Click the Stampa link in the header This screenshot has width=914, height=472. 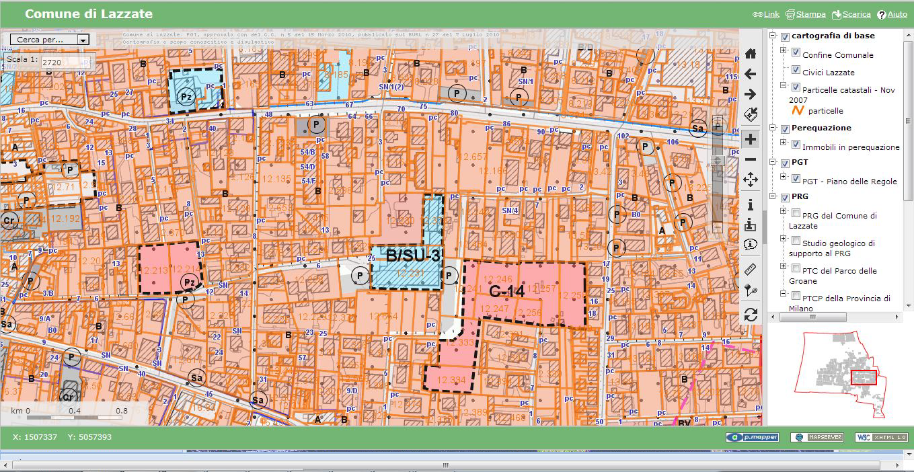(x=810, y=14)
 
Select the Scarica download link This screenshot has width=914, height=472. (x=856, y=14)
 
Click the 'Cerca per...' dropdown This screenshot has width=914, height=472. (x=50, y=40)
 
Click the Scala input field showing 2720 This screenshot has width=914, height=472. (x=66, y=62)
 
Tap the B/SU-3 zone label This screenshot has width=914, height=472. (x=413, y=256)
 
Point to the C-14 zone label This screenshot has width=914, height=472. (x=507, y=292)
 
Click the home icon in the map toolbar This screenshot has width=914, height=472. (x=751, y=54)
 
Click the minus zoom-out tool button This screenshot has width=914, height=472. (x=751, y=159)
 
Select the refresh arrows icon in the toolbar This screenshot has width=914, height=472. (x=751, y=315)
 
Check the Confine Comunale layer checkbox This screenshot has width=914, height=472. (x=796, y=52)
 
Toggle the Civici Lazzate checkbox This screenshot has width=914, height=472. (x=796, y=70)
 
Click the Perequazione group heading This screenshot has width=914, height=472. (x=821, y=128)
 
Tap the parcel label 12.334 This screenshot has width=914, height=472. (x=451, y=380)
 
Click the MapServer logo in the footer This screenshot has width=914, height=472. (x=816, y=437)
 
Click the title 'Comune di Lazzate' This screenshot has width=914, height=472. (x=89, y=14)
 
